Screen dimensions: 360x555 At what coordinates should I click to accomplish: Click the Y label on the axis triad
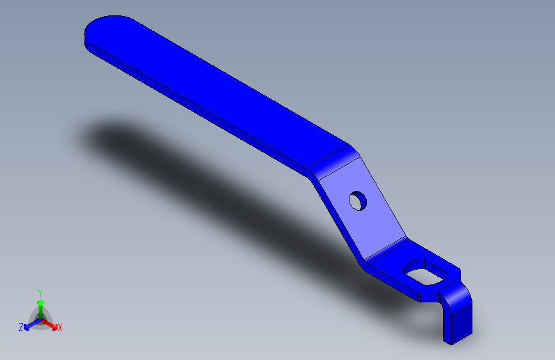40,292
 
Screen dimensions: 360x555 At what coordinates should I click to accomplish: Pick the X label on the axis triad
60,328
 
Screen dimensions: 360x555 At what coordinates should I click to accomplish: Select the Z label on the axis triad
21,327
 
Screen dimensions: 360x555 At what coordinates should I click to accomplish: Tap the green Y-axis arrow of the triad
40,304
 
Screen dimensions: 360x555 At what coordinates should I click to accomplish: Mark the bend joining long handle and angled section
333,160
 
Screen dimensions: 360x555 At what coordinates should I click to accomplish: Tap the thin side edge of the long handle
192,102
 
